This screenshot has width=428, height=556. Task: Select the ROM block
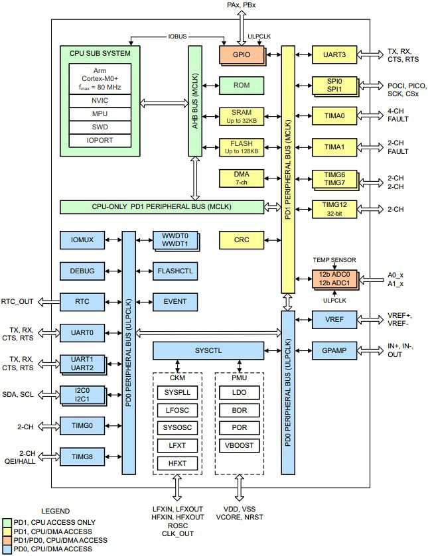point(243,84)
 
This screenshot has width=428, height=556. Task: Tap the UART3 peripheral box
point(334,55)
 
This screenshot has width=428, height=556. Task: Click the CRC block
point(243,240)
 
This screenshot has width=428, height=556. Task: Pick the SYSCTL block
point(208,350)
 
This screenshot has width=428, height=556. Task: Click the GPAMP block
point(334,350)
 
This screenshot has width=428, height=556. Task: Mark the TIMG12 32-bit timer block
point(334,209)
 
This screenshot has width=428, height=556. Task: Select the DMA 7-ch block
point(243,178)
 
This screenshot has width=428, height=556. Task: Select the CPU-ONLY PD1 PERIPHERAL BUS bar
point(161,207)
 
